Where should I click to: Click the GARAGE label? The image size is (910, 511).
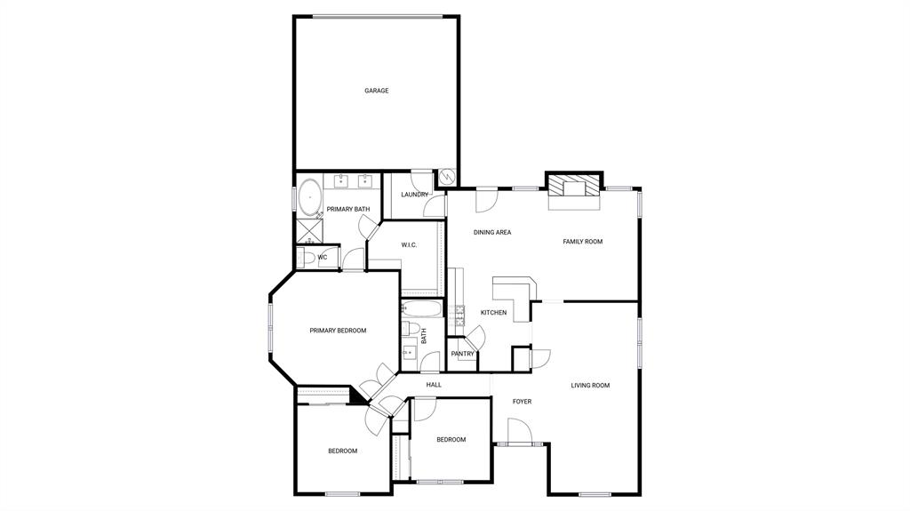pyautogui.click(x=376, y=91)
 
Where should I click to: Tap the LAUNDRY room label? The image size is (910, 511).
pyautogui.click(x=414, y=195)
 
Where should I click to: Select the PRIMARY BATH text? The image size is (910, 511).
pyautogui.click(x=347, y=209)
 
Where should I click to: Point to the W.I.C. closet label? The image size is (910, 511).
pyautogui.click(x=409, y=245)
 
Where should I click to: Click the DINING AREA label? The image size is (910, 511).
pyautogui.click(x=491, y=233)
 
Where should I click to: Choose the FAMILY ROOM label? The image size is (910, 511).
pyautogui.click(x=582, y=242)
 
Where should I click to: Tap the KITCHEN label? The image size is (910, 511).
pyautogui.click(x=493, y=313)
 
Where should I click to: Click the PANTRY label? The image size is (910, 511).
pyautogui.click(x=462, y=354)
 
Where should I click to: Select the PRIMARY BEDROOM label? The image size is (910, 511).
pyautogui.click(x=338, y=331)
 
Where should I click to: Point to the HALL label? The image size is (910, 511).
pyautogui.click(x=434, y=385)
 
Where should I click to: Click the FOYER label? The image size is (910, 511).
pyautogui.click(x=522, y=402)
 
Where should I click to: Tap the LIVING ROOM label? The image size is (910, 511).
pyautogui.click(x=590, y=385)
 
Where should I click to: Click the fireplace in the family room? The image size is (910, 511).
pyautogui.click(x=573, y=187)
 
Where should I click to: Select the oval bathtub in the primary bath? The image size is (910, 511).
pyautogui.click(x=309, y=196)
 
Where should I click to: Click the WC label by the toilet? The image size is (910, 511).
pyautogui.click(x=323, y=258)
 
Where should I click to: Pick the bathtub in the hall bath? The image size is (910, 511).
pyautogui.click(x=421, y=310)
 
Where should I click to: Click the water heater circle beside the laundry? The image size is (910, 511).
pyautogui.click(x=447, y=178)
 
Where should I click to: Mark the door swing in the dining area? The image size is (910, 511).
pyautogui.click(x=487, y=201)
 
